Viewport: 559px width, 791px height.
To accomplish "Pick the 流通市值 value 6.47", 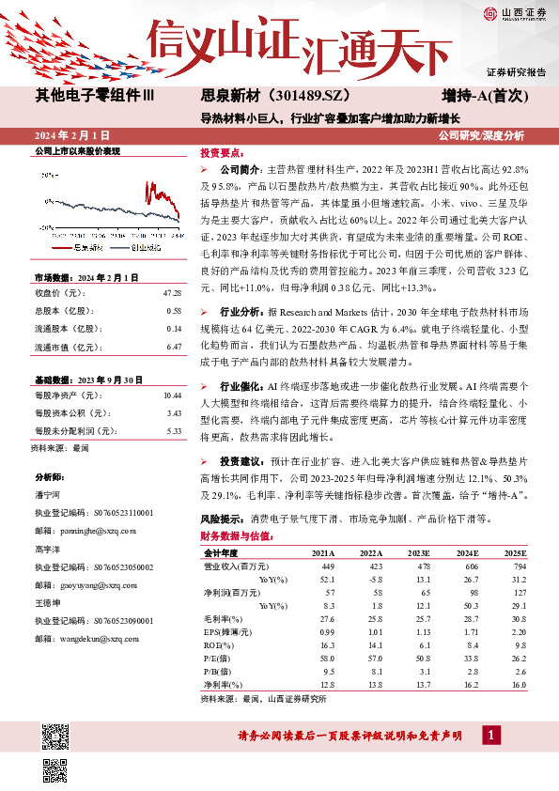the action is coord(173,347).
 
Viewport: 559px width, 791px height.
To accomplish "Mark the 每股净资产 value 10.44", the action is coord(171,396).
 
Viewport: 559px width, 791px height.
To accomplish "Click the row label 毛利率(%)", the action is coord(223,619).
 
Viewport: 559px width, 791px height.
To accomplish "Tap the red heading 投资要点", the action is coord(223,151).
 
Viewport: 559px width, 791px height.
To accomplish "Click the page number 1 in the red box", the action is coord(489,733).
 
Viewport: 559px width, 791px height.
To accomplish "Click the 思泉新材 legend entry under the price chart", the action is coord(85,248).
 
